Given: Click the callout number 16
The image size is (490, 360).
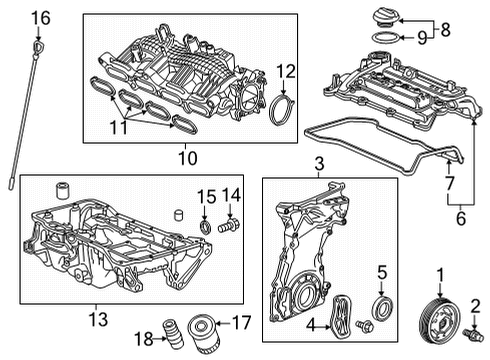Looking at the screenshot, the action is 41,18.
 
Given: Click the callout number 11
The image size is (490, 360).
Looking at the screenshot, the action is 119,127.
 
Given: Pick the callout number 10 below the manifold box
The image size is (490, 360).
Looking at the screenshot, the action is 188,158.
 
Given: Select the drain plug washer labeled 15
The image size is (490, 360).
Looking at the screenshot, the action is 205,227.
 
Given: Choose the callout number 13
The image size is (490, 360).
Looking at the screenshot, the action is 99,319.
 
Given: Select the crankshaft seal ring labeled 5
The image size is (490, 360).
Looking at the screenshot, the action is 383,308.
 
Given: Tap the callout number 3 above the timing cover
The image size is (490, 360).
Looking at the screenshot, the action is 319,164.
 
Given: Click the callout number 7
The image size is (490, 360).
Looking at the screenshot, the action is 449,183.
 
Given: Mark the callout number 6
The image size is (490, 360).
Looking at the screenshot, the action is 460,218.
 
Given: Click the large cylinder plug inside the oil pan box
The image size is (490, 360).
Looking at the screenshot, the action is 62,190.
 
